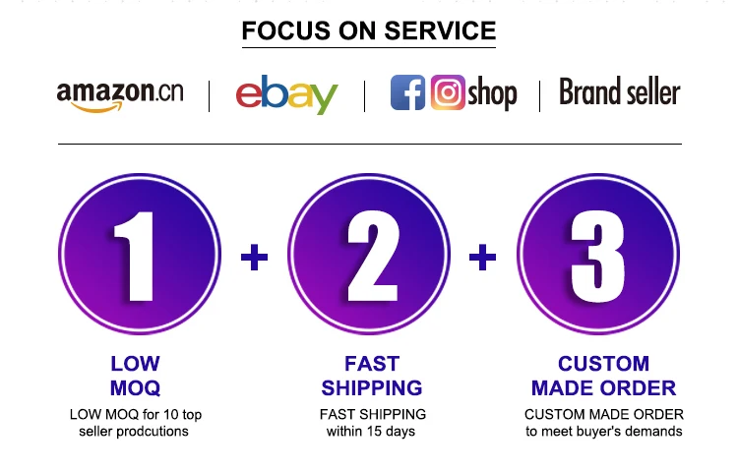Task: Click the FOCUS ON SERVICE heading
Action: [369, 30]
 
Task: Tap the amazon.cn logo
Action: [120, 94]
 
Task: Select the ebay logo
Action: [286, 94]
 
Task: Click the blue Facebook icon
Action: [407, 92]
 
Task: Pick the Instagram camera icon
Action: [448, 92]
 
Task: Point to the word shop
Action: [492, 94]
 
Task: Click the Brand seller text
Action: [620, 92]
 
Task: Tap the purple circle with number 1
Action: [139, 253]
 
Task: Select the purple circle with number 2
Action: [370, 253]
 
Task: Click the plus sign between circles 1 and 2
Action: [254, 258]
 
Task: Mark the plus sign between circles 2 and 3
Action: [482, 258]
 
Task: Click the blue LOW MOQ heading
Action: [136, 376]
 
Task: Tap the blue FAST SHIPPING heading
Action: [371, 376]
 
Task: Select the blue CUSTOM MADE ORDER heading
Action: [603, 376]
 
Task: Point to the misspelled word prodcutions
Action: [154, 432]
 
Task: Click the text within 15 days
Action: [371, 432]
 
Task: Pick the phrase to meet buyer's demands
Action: [603, 432]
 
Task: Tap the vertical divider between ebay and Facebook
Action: [365, 95]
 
